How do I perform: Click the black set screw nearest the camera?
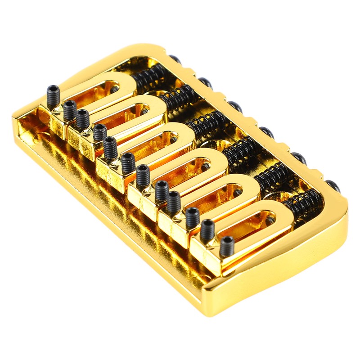point(227,246)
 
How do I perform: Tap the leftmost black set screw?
point(53,95)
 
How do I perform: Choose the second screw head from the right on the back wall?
point(298,158)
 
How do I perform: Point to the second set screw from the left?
point(70,110)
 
